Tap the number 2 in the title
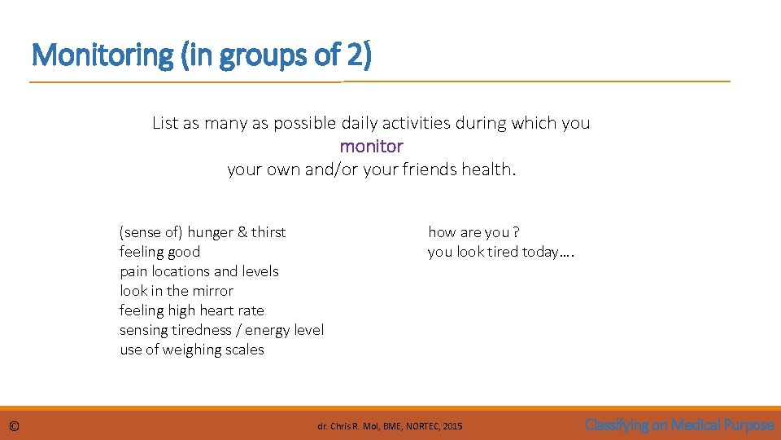point(358,56)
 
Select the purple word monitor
point(371,147)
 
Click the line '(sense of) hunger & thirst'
point(203,232)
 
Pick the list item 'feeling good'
point(159,252)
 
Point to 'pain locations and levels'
point(199,271)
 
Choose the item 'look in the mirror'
point(176,291)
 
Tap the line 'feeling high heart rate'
point(191,310)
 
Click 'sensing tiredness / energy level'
point(221,330)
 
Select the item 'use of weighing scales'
point(191,350)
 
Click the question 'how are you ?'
point(473,232)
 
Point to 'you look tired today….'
point(501,252)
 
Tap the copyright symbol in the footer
point(14,426)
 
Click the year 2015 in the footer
point(452,426)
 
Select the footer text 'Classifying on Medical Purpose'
point(679,425)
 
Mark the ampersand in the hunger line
point(242,232)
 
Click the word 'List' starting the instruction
point(164,123)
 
